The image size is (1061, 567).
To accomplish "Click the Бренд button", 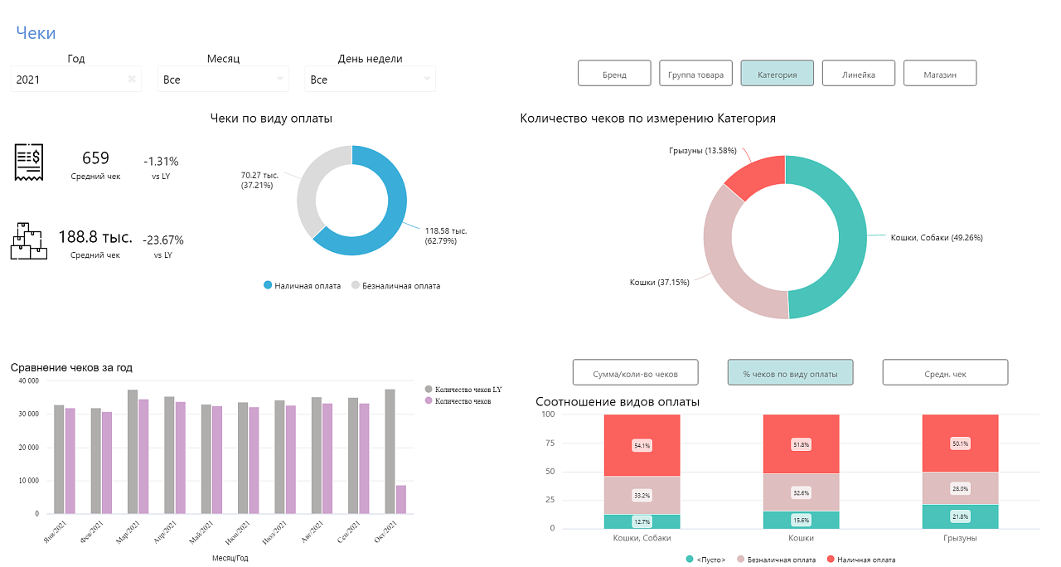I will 614,74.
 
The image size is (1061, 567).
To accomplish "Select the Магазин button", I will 940,74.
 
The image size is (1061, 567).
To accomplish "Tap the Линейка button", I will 858,74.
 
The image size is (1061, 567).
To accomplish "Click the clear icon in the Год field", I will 131,80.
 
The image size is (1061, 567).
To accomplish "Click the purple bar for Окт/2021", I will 401,499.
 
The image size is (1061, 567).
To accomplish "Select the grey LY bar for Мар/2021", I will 133,451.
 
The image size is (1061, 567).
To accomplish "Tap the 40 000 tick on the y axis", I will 27,381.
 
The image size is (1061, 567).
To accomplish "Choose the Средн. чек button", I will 945,373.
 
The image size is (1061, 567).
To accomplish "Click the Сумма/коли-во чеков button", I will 636,373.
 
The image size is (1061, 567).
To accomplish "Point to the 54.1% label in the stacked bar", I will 642,445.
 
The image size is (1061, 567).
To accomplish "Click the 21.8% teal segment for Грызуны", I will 960,516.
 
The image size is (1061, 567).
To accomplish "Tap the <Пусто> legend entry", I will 706,560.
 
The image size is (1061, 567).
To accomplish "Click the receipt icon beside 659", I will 28,162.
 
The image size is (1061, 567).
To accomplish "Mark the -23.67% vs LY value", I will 163,240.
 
